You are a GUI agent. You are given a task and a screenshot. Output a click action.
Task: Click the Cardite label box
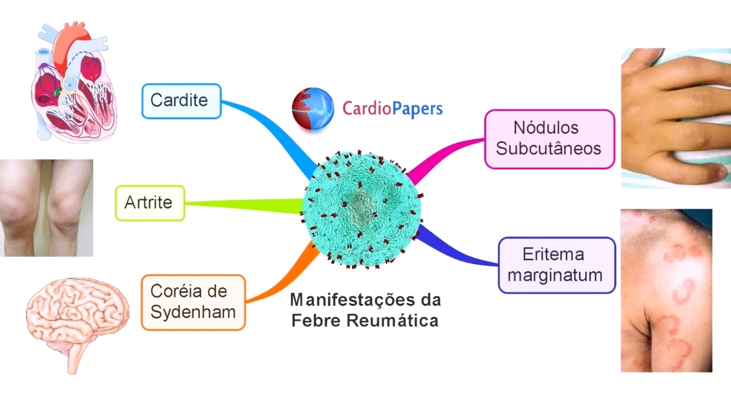pyautogui.click(x=181, y=101)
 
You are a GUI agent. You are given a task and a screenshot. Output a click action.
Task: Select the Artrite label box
pyautogui.click(x=150, y=203)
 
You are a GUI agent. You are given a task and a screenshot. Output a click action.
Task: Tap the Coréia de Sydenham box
pyautogui.click(x=193, y=302)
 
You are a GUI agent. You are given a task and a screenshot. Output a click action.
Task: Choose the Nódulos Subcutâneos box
pyautogui.click(x=549, y=139)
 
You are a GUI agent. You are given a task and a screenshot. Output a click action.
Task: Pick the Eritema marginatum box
pyautogui.click(x=556, y=265)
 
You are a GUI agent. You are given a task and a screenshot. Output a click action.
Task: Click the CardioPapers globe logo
pyautogui.click(x=313, y=109)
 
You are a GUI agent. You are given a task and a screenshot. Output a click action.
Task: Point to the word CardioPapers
pyautogui.click(x=392, y=108)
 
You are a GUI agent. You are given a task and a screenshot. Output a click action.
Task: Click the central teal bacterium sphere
pyautogui.click(x=362, y=211)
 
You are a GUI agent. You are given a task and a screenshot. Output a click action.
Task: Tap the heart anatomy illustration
pyautogui.click(x=73, y=82)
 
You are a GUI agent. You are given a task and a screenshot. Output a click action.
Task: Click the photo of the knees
pyautogui.click(x=46, y=208)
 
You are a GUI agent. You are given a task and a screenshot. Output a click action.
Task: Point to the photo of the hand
pyautogui.click(x=676, y=118)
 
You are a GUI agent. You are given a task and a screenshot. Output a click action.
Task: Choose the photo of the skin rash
pyautogui.click(x=666, y=290)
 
